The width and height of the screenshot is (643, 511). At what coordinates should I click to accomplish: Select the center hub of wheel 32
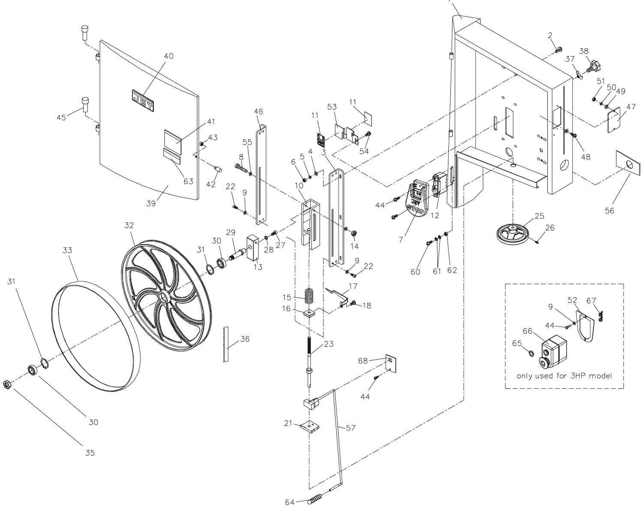[164, 298]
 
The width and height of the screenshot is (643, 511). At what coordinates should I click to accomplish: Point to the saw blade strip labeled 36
[226, 344]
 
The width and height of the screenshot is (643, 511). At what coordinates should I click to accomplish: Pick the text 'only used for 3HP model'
[564, 375]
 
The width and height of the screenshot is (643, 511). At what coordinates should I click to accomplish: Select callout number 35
[90, 452]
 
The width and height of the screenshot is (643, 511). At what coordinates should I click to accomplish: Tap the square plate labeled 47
[616, 120]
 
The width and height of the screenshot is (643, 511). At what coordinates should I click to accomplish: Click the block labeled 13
[254, 247]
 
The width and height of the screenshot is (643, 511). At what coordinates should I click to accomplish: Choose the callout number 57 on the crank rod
[350, 428]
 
